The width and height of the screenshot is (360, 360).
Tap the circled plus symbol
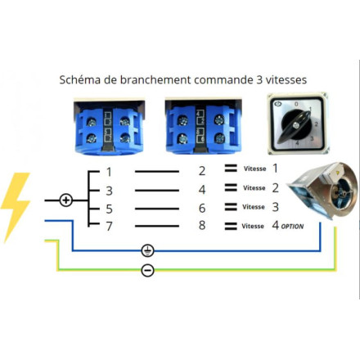pos(65,200)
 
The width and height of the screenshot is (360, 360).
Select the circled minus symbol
pos(148,270)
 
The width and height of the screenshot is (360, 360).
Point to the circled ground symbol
pos(148,250)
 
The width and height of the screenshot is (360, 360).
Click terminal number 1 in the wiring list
pos(109,172)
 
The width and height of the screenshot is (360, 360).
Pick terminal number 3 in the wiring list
pos(109,191)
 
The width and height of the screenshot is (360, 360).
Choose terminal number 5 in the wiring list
pos(109,209)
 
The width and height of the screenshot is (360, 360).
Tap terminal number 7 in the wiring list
pos(109,226)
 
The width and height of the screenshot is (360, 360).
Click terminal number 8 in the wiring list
pos(202,225)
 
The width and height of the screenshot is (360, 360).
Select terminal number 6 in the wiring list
pos(202,208)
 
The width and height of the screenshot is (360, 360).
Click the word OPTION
pos(292,227)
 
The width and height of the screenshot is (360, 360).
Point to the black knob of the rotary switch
pos(295,125)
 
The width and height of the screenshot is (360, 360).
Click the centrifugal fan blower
pos(323,190)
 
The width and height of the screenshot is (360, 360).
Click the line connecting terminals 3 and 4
pos(157,191)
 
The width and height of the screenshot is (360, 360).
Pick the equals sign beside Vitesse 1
pos(231,169)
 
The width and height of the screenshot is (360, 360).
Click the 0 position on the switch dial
pos(297,104)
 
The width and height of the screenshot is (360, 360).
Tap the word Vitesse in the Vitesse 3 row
pos(254,207)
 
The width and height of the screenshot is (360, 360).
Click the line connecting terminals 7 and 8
pos(157,226)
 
